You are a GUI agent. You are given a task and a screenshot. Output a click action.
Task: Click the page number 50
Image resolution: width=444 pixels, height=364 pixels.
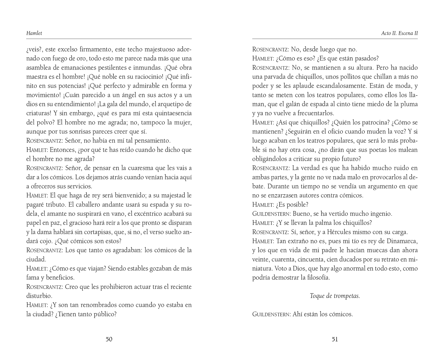pos(109,339)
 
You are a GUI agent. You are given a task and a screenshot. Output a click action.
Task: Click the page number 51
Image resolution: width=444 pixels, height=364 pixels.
pos(335,339)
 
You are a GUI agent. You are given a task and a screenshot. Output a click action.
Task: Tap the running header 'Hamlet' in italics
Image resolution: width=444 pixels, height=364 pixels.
pos(34,33)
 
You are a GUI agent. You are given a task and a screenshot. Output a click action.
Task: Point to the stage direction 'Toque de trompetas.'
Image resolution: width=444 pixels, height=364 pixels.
pos(335,296)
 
